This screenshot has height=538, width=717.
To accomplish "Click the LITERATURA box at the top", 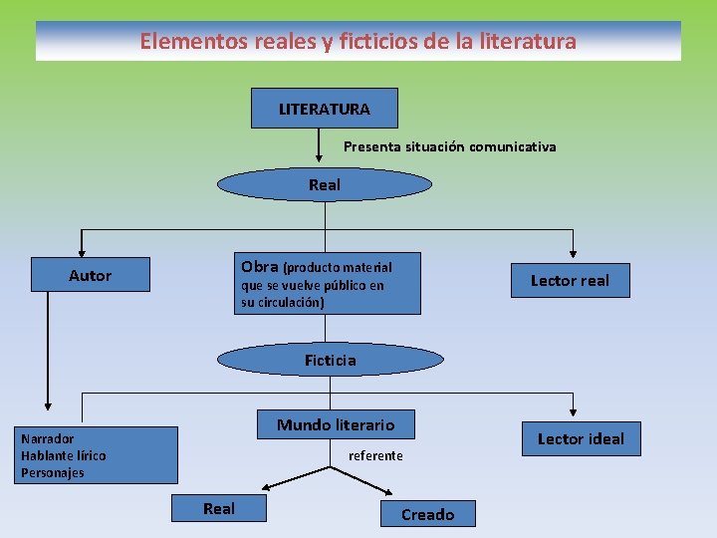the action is [324, 109].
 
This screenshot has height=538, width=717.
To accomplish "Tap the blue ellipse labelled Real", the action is [325, 184].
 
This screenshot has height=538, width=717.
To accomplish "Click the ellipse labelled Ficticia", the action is [330, 360].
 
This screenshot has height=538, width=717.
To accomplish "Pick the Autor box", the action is [91, 275].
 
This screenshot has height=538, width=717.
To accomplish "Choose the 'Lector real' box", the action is [569, 280].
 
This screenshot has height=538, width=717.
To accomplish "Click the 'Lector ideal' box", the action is [581, 438].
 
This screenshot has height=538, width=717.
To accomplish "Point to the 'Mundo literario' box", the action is [336, 425].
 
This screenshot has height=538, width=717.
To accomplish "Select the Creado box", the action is [427, 514].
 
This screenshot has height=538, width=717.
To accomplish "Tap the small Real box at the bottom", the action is [219, 508].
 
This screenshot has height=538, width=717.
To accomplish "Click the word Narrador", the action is [48, 438].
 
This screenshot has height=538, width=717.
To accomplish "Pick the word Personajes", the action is [53, 472].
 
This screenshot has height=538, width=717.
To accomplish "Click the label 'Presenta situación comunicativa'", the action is [449, 146].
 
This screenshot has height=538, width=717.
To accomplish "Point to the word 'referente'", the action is [375, 455].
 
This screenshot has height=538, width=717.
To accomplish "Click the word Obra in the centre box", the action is [260, 266].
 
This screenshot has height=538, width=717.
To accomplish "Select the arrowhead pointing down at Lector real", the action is [573, 253].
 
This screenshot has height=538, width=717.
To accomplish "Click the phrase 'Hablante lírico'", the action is [64, 455].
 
